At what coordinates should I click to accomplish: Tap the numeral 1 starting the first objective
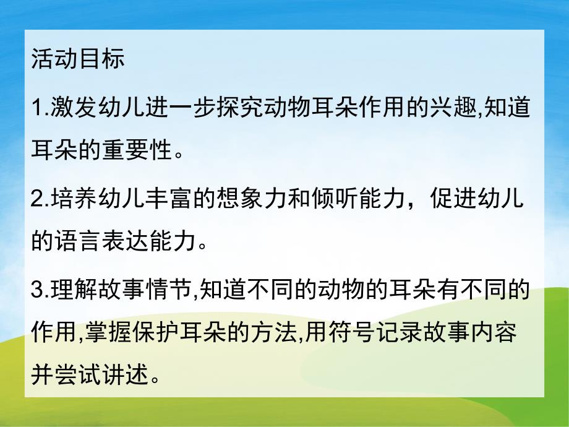pyautogui.click(x=36, y=107)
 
